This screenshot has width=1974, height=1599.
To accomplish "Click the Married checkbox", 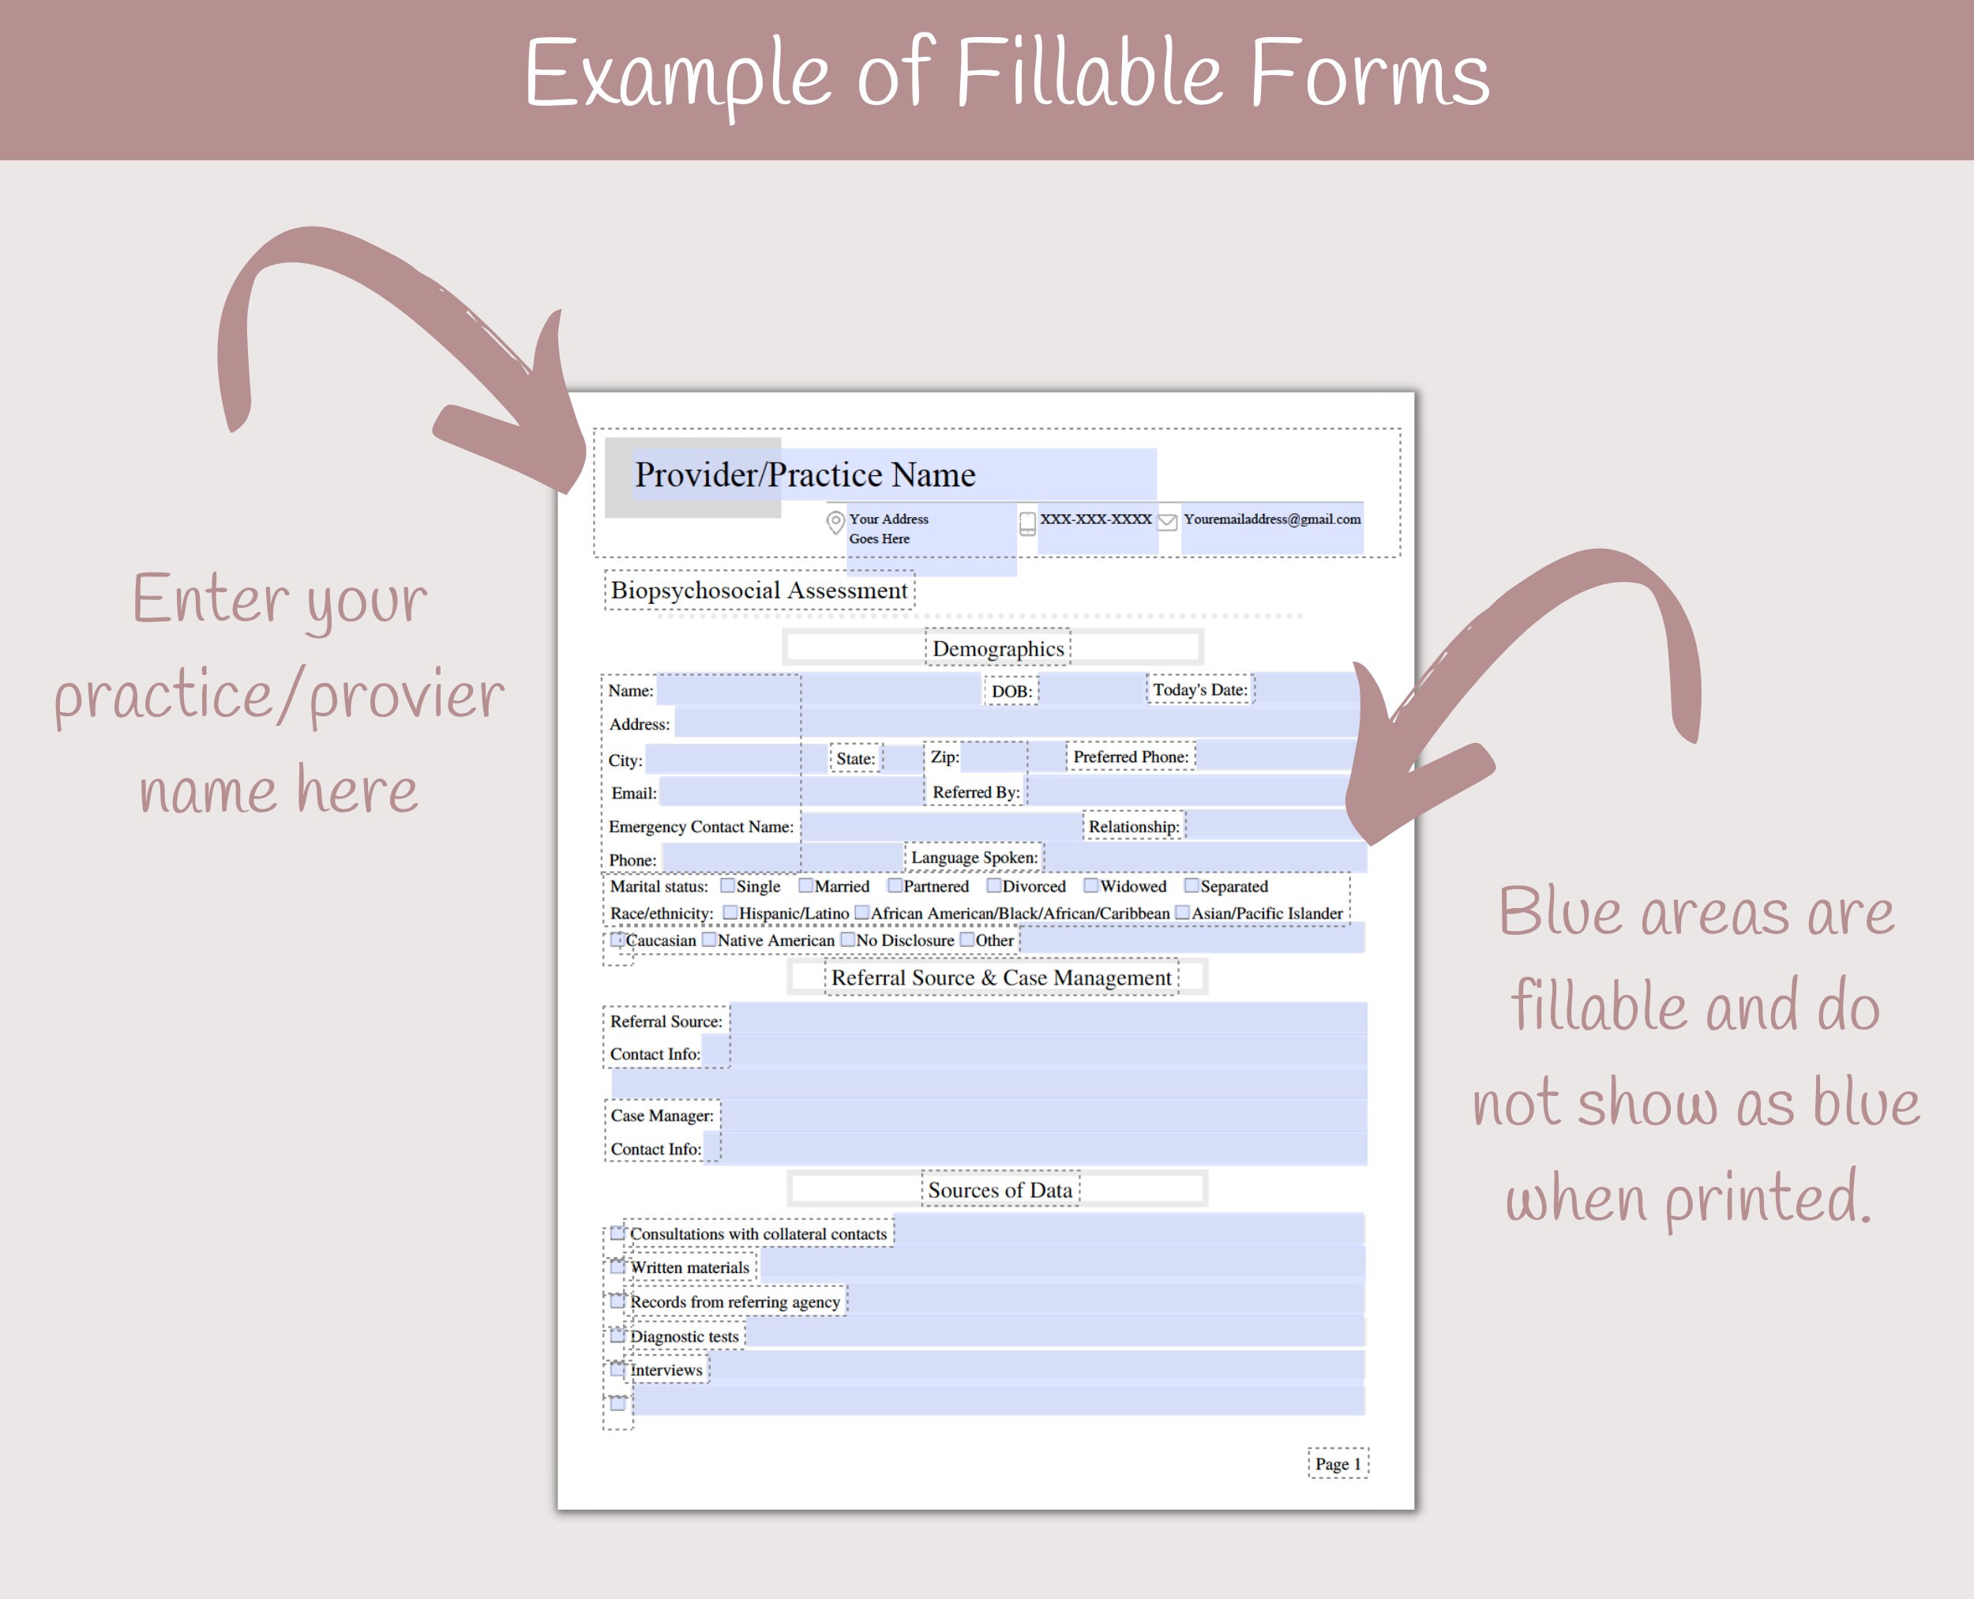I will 806,886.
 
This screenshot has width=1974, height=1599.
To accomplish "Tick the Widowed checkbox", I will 1090,886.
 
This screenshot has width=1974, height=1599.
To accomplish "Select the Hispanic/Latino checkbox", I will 730,913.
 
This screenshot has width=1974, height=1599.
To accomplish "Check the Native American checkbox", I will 709,940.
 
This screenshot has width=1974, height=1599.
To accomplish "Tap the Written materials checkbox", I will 618,1267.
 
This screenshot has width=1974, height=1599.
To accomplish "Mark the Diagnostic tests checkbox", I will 618,1335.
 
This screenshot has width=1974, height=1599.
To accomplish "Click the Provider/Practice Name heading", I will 804,475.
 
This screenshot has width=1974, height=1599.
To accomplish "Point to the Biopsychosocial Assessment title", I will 759,591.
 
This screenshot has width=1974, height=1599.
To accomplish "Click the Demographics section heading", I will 997,648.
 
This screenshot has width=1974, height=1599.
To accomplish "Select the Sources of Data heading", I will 1000,1190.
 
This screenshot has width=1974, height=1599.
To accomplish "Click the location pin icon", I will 835,522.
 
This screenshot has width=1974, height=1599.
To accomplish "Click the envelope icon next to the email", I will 1167,521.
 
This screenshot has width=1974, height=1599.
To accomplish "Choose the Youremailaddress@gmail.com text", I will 1272,520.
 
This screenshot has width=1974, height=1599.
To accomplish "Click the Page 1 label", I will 1338,1464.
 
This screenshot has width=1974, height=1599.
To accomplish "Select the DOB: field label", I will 1011,691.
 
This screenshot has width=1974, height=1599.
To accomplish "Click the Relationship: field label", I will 1133,826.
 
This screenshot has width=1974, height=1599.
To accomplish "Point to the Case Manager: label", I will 662,1116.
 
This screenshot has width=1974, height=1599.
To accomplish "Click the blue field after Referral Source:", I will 1047,1019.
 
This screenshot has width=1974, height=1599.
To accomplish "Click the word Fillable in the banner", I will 1090,73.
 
